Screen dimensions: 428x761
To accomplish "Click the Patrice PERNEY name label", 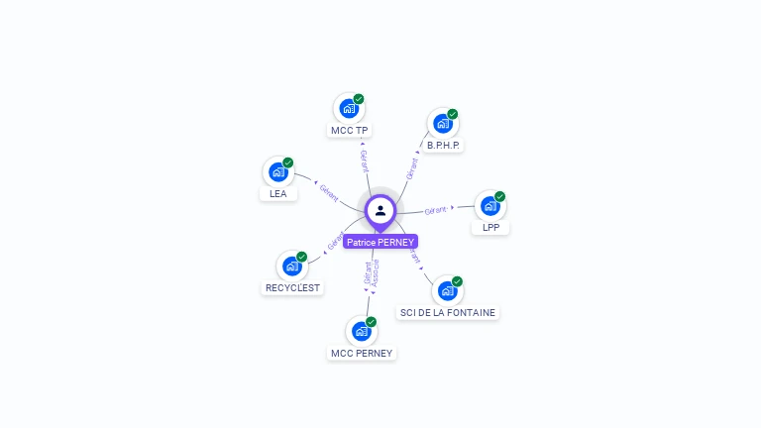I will (x=380, y=242).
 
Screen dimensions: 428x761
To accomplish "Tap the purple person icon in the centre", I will (x=380, y=210).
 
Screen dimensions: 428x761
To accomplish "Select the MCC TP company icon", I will (x=349, y=108).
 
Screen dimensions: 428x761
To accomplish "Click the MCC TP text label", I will (x=349, y=131).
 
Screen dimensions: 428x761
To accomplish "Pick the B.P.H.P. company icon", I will (x=443, y=124).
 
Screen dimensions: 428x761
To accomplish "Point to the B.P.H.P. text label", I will (x=444, y=146).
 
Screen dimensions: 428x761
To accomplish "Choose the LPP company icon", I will (x=489, y=206).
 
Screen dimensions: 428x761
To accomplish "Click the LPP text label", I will (x=490, y=228).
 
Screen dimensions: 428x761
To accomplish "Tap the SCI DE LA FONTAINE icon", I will (x=448, y=291).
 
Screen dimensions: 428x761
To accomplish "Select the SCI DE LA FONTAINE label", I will (x=448, y=313).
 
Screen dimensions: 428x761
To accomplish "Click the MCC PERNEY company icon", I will (x=362, y=331).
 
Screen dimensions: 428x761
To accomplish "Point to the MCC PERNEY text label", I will (x=362, y=353).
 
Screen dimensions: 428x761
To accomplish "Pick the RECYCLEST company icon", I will (x=292, y=266).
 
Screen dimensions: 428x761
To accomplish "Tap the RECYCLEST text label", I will (x=292, y=288).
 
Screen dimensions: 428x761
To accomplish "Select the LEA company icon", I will (x=278, y=171).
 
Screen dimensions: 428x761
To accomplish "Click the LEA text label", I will (x=278, y=194).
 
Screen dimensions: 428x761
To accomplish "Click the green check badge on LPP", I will (x=500, y=196).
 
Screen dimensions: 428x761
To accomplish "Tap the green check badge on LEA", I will (x=288, y=162).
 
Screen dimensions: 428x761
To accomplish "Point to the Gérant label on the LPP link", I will (x=437, y=210).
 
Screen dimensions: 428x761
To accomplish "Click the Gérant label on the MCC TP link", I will (x=364, y=160).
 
